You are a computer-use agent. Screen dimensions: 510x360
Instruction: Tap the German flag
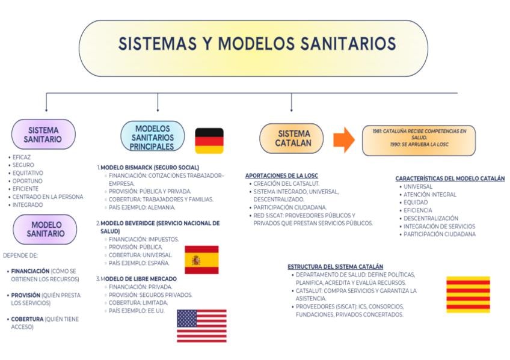click(209, 141)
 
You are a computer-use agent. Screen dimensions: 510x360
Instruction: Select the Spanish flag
click(201, 260)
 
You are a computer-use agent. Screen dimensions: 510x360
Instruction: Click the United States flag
click(201, 326)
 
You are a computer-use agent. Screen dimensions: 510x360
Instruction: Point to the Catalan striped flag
click(468, 294)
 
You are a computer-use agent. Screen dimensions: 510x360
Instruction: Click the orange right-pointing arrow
click(344, 139)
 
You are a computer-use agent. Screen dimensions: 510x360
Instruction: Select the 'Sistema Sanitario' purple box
click(44, 134)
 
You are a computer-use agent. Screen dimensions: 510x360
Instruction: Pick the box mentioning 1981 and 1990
click(419, 141)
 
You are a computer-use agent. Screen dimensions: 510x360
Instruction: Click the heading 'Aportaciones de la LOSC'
click(281, 175)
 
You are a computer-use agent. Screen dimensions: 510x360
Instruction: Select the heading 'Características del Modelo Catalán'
click(450, 178)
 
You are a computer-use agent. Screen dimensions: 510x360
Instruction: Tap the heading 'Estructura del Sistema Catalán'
click(335, 266)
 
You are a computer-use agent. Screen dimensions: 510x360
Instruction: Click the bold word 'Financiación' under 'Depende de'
click(30, 271)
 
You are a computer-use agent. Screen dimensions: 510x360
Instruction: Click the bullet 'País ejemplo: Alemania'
click(142, 207)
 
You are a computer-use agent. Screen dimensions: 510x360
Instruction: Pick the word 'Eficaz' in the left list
click(22, 157)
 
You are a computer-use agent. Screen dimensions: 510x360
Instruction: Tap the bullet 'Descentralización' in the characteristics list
click(431, 219)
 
